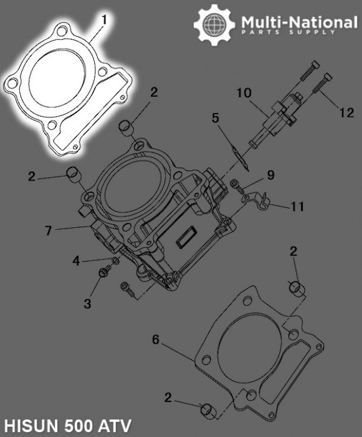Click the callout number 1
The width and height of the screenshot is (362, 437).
104,20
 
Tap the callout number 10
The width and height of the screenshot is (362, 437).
244,93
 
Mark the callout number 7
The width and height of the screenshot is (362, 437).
48,230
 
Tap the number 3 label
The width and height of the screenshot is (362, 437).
88,303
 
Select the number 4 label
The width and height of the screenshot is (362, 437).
75,261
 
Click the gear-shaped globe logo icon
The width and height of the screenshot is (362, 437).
214,24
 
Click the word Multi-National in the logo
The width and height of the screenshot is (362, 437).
299,23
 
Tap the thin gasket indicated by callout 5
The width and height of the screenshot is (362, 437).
237,155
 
